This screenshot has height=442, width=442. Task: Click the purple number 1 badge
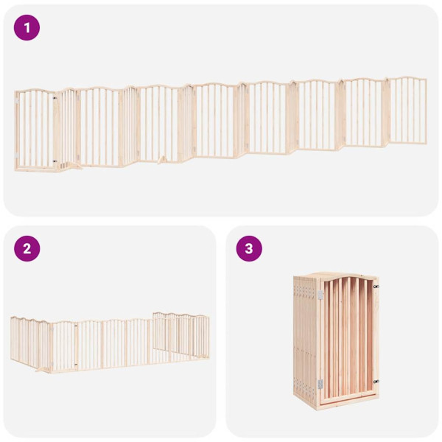[27, 28]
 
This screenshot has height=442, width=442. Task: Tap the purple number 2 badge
[27, 248]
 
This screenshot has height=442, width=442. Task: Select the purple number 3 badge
[249, 248]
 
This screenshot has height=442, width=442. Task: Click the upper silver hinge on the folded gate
[320, 295]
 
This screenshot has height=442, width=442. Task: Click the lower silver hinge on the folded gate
[320, 383]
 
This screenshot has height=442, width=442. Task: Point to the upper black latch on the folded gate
[375, 287]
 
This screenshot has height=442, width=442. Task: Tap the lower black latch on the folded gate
[375, 382]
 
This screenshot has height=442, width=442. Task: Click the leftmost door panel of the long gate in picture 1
[35, 129]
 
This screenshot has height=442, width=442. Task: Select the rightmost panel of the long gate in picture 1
[407, 110]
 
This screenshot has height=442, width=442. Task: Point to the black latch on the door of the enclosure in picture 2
[77, 325]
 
